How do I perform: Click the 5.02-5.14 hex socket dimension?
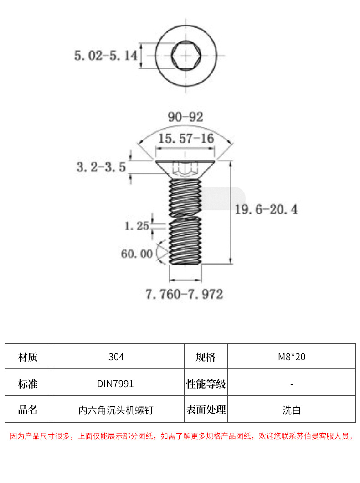coord(105,56)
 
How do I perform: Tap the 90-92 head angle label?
coord(185,117)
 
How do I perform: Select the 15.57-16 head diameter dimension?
coord(185,138)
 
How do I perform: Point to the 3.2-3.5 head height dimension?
coord(101,167)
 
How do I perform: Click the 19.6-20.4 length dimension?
coord(266,210)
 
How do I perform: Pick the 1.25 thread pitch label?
coord(137,225)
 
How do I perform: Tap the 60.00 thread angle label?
coord(137,254)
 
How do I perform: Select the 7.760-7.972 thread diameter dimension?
coord(185,294)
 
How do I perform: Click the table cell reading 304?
coord(116,357)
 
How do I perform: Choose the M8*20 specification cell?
coord(292,357)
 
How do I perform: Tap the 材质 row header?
coord(28,357)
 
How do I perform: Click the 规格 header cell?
coord(206,357)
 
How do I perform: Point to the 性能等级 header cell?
coord(206,384)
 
